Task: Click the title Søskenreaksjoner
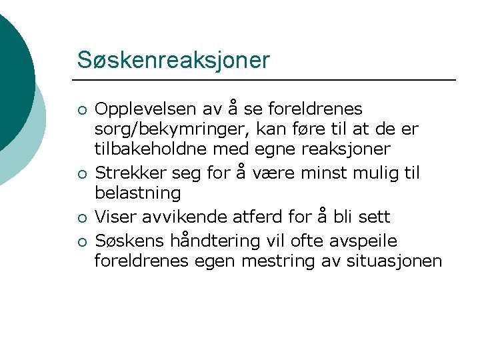[x=173, y=60]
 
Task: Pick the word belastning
[x=137, y=193]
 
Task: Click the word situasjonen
[x=394, y=261]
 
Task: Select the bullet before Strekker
[x=81, y=175]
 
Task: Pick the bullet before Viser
[x=81, y=218]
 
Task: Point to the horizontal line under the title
[x=267, y=80]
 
